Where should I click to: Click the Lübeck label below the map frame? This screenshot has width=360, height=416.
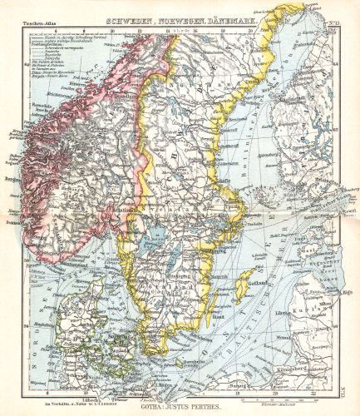pos(85,399)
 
